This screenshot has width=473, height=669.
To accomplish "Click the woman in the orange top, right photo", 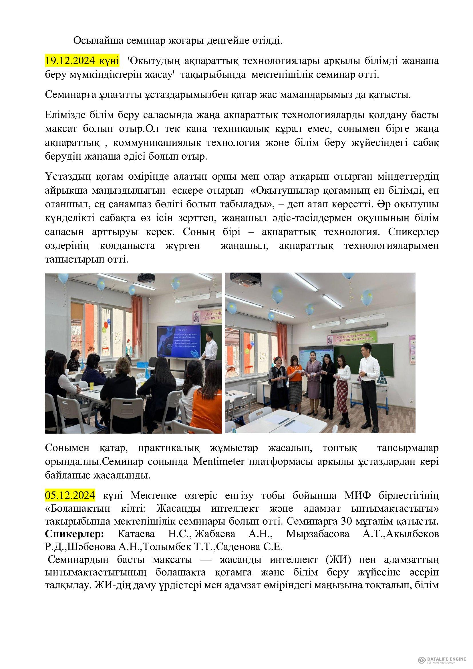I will (x=293, y=382).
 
